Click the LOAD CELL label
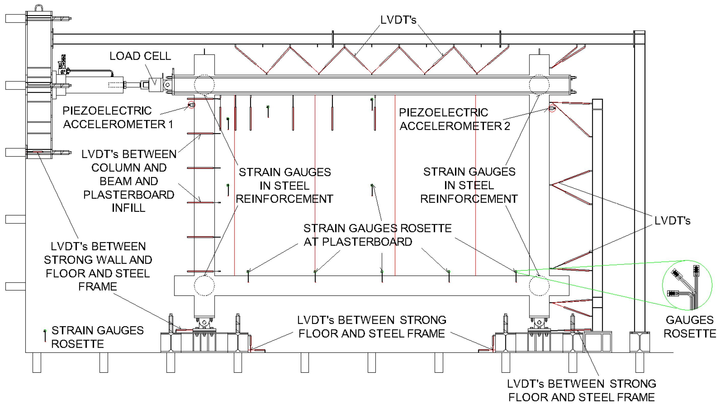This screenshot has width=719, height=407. point(140,56)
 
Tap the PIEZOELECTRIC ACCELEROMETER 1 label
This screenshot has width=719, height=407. point(118,117)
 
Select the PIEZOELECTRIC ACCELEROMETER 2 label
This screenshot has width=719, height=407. point(454,119)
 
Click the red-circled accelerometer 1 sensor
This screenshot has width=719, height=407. point(191,105)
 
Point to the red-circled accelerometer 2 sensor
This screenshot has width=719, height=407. point(552,108)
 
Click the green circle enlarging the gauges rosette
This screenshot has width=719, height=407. point(687,285)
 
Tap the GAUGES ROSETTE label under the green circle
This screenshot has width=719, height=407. point(689,327)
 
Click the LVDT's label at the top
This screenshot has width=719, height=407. point(398,20)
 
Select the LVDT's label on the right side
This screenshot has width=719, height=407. point(672,221)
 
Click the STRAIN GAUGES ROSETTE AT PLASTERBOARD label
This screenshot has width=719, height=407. point(377,235)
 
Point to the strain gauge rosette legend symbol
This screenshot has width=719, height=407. point(45,336)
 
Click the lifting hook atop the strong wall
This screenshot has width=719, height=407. point(39,8)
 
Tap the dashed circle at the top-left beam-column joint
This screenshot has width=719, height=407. point(204,85)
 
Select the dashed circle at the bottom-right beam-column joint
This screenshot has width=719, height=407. point(539,285)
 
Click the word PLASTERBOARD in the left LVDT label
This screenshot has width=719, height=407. point(128,195)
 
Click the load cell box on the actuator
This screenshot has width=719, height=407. point(155,83)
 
